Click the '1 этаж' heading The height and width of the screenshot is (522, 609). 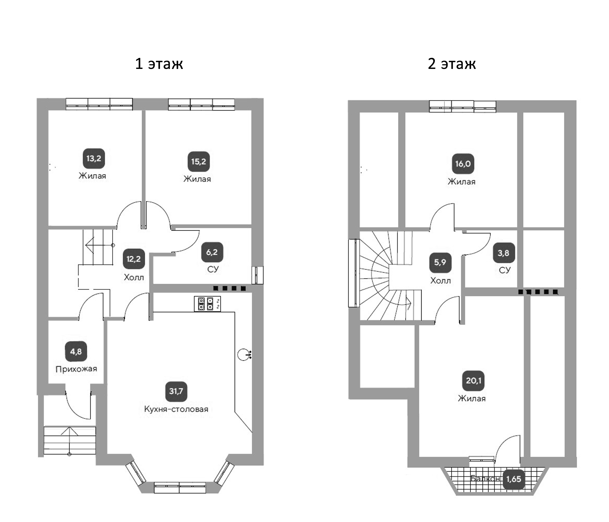(x=159, y=64)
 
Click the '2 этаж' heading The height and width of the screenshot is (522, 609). (x=452, y=64)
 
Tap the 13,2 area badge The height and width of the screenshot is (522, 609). (x=94, y=159)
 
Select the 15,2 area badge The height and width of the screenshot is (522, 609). (x=199, y=162)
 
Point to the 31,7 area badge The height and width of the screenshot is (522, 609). (x=176, y=391)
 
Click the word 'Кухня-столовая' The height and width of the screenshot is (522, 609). (x=176, y=409)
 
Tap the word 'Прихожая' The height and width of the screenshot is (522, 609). (x=76, y=369)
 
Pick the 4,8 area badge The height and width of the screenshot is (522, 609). (x=76, y=352)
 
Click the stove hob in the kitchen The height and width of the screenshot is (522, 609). (x=207, y=304)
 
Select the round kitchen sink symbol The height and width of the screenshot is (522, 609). (x=244, y=355)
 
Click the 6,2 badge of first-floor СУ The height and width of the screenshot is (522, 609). (x=212, y=252)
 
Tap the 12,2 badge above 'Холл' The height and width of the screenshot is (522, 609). (x=134, y=259)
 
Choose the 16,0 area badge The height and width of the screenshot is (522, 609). (x=463, y=164)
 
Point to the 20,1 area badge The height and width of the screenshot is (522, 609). (x=473, y=381)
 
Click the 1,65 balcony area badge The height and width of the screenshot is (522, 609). (x=514, y=479)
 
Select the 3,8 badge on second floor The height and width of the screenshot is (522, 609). (x=504, y=253)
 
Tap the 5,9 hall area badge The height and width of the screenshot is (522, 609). (x=440, y=262)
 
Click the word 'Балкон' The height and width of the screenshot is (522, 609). (x=485, y=479)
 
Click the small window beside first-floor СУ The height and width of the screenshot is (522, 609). (x=258, y=275)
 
